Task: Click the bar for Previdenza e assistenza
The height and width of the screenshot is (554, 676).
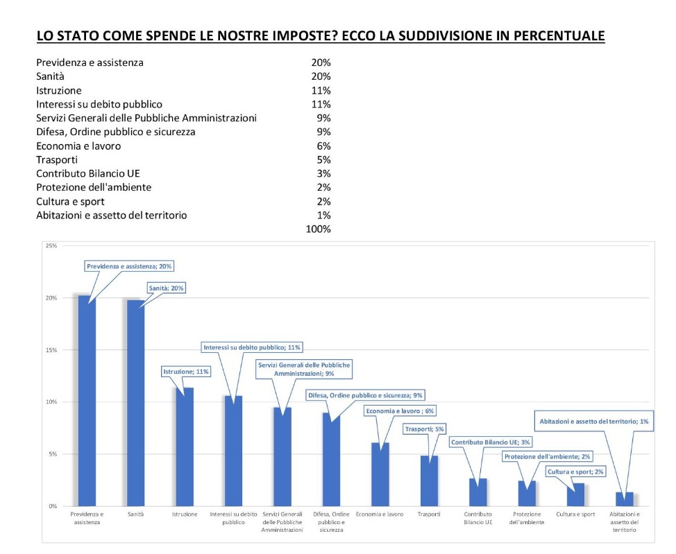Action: point(87,401)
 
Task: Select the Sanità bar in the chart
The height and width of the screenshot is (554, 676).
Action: point(136,404)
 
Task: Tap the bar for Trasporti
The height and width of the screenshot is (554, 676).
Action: point(429,481)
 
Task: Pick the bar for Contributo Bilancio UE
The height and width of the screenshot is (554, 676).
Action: point(478,492)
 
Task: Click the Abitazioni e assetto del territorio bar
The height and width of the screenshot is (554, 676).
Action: point(625,499)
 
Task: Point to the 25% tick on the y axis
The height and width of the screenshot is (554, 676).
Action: point(51,245)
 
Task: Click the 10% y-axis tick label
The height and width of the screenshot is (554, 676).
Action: point(51,402)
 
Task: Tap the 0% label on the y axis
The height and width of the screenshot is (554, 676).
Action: point(53,506)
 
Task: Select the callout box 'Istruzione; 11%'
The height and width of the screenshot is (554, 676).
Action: point(186,372)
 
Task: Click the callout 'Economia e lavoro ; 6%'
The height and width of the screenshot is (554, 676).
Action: point(400,411)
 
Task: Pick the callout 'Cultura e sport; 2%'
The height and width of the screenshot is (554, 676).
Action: point(575,471)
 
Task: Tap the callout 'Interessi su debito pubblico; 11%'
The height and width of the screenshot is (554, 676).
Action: point(252,347)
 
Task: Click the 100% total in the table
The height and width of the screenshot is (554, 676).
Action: point(318,230)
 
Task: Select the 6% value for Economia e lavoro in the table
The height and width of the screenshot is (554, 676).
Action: point(324,146)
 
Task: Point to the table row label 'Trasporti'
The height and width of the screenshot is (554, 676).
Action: point(57,160)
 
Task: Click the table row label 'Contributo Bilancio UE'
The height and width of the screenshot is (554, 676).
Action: point(88,173)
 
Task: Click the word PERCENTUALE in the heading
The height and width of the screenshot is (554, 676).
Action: point(559,36)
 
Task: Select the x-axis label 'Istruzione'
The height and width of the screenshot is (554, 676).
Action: point(185,514)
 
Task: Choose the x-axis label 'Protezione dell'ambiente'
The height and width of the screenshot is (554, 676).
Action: point(527,518)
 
